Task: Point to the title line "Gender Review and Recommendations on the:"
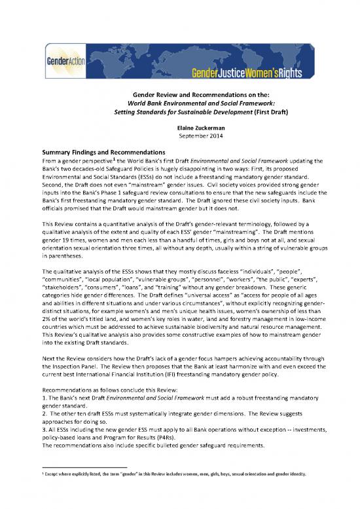[x=179, y=94]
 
